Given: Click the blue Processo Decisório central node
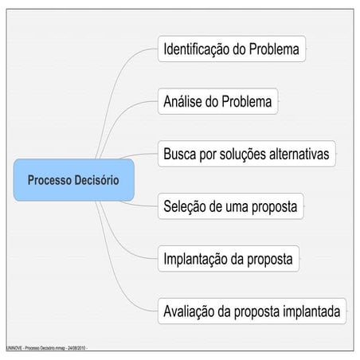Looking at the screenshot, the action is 74,180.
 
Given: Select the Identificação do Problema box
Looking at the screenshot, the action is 232,49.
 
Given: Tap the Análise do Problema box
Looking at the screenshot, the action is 218,101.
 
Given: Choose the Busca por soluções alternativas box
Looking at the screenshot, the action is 247,154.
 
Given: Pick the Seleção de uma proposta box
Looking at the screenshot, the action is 231,206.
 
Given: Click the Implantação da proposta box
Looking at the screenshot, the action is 229,259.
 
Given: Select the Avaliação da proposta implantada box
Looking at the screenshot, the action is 252,311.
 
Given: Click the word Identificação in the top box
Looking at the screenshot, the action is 197,49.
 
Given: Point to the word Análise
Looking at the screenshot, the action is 182,101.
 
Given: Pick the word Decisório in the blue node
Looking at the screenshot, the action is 96,180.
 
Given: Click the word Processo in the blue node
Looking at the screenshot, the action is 49,180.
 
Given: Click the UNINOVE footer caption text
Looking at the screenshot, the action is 47,348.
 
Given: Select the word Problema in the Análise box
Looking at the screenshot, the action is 247,101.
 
